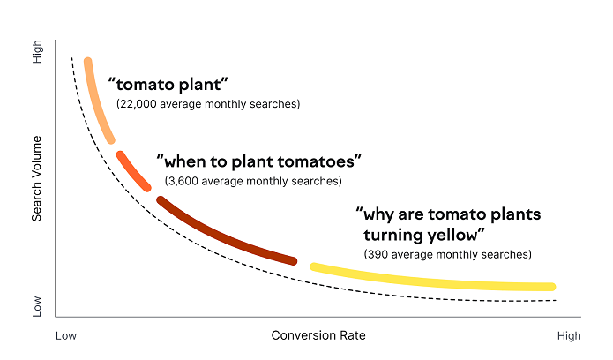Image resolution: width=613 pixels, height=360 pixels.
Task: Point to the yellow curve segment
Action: (432, 281)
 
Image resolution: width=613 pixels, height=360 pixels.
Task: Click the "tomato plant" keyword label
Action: (168, 85)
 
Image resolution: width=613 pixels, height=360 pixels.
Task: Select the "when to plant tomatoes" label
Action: (259, 161)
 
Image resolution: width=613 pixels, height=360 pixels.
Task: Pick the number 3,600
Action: (183, 181)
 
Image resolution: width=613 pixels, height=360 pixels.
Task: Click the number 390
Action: (377, 254)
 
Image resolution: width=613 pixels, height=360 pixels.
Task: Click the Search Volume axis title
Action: (37, 179)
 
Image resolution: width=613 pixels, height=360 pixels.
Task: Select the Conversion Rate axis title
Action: (318, 335)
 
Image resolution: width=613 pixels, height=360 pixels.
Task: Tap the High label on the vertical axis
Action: (37, 55)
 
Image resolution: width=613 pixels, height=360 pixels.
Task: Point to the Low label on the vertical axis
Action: (37, 305)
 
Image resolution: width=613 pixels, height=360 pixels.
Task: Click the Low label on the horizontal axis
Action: (66, 335)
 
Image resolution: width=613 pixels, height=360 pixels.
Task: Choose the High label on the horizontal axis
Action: (569, 335)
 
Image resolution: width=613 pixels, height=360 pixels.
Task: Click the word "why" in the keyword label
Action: (379, 214)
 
